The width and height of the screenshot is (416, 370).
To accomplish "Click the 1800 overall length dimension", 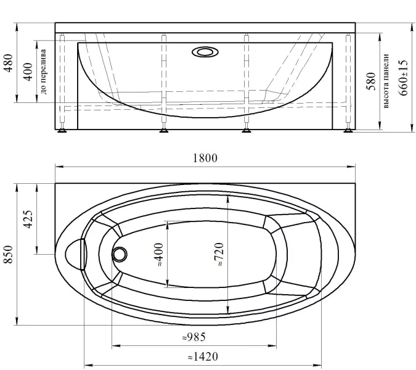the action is coord(205,158).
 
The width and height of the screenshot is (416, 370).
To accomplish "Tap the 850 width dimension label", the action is coord(9,254).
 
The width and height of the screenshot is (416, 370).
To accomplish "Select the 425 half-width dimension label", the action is coord(28,220).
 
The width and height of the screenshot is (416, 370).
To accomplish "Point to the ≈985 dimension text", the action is coord(194,337).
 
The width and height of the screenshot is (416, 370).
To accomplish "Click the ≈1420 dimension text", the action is coord(203,356).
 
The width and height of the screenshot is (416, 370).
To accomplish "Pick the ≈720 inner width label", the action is coord(219,254).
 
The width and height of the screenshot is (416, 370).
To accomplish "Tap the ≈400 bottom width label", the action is coord(159,254).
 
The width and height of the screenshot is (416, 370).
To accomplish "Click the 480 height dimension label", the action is coord(8,63).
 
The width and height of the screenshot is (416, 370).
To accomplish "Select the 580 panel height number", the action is coord(371,81).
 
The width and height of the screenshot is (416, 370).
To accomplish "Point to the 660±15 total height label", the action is coord(402,78).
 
